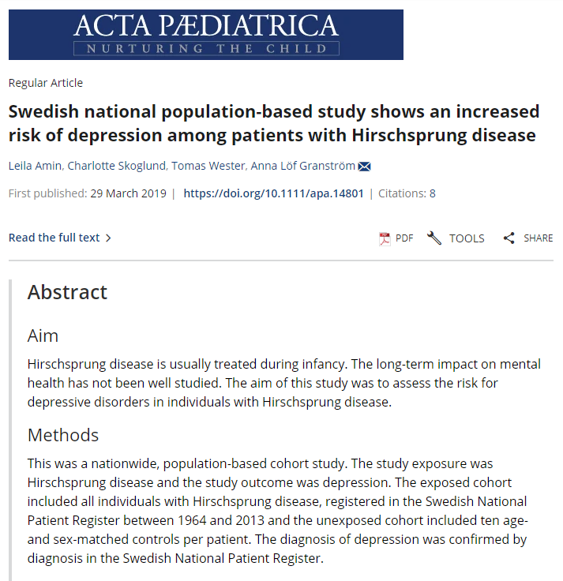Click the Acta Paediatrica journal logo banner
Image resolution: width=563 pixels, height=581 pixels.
(x=205, y=35)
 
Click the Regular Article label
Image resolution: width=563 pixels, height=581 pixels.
(x=46, y=83)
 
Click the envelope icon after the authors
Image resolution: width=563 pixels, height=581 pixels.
(x=365, y=167)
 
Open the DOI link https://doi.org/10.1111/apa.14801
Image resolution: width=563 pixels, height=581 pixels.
(x=273, y=193)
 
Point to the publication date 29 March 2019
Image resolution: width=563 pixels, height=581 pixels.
(x=129, y=193)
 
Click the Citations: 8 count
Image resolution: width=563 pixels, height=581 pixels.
(x=407, y=193)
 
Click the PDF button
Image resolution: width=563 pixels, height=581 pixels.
(x=396, y=238)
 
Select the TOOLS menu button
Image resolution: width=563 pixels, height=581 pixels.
(x=456, y=238)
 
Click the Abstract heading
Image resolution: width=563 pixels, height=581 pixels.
(x=67, y=292)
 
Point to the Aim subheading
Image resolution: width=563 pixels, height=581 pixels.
(x=43, y=335)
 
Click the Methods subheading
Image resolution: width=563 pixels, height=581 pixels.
(x=63, y=435)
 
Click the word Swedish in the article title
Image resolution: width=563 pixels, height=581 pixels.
(x=41, y=111)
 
